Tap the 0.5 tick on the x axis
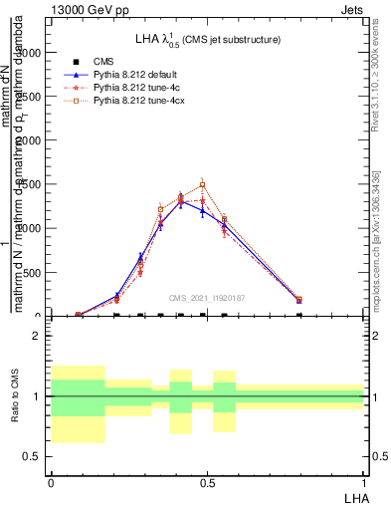tap(207, 482)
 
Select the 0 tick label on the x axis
tap(51, 482)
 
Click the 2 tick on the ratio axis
tap(36, 337)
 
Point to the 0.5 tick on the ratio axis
tap(33, 456)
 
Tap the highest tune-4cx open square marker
tap(202, 184)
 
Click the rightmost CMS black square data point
tap(299, 315)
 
